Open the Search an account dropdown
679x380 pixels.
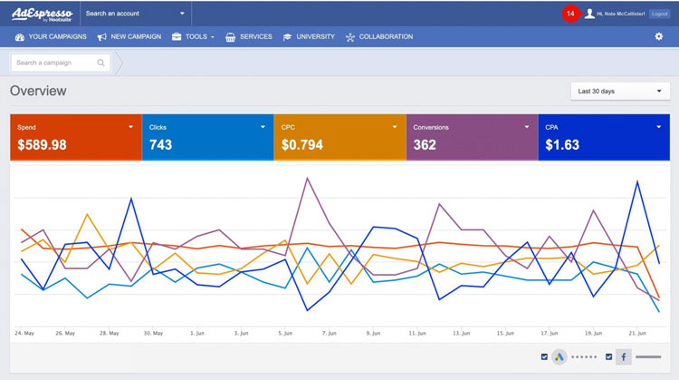135,14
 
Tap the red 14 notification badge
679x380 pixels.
569,14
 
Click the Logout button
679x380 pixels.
659,14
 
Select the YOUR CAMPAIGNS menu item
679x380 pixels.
51,37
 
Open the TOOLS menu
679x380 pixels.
193,37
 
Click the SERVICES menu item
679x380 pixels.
249,37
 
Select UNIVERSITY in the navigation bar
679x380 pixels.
309,37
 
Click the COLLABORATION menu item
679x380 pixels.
378,37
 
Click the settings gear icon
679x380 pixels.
659,37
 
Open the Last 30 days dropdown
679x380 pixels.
620,92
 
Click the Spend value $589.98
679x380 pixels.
42,145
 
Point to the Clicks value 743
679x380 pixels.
160,145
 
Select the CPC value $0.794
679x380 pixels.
301,145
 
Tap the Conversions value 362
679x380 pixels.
425,145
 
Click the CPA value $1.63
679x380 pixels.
562,145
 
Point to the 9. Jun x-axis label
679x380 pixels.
372,334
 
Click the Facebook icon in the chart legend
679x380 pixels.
624,357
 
